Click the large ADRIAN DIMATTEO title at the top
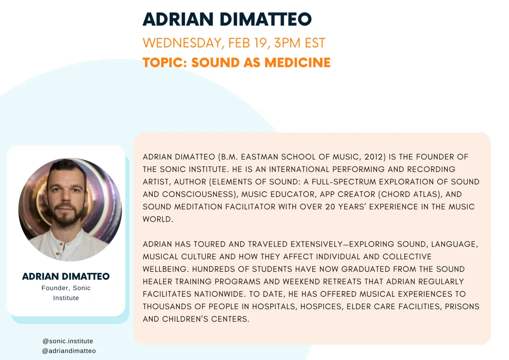click(x=227, y=20)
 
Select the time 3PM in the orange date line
click(x=287, y=43)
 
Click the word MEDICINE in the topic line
click(x=297, y=62)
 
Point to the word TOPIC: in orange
click(x=165, y=62)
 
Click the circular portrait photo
click(x=70, y=210)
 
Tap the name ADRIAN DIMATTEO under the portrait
click(x=66, y=276)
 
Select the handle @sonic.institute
click(x=68, y=341)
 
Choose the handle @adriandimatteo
click(x=69, y=351)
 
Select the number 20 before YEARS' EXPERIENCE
click(x=330, y=207)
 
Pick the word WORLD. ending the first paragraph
click(x=158, y=219)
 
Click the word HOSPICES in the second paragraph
click(x=321, y=307)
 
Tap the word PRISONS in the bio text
click(x=462, y=307)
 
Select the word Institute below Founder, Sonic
click(x=66, y=298)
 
